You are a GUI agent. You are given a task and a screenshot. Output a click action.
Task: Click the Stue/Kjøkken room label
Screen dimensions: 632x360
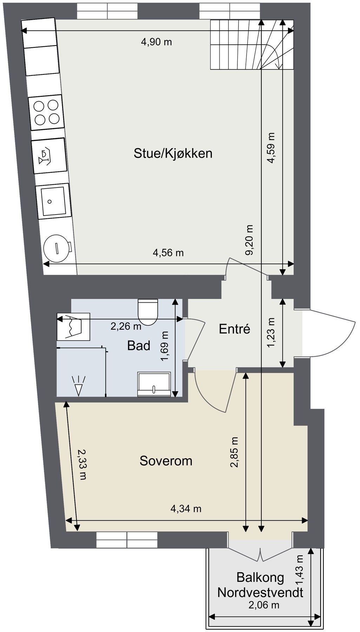pos(173,153)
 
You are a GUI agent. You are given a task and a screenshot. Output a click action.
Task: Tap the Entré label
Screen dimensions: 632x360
pos(234,329)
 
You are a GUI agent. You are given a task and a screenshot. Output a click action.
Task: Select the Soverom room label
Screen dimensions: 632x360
pos(166,461)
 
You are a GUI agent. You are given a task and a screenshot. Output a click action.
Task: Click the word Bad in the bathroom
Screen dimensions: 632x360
pos(139,345)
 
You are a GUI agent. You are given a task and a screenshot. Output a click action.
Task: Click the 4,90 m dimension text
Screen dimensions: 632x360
pos(156,42)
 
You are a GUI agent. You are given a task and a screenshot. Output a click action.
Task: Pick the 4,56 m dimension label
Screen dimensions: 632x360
pos(168,252)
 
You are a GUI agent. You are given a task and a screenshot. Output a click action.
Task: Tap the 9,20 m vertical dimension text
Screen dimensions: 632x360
pos(249,240)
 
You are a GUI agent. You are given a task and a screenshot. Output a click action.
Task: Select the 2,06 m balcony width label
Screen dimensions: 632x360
pos(264,605)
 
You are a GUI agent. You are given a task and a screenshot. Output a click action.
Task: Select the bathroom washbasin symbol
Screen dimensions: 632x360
pos(154,384)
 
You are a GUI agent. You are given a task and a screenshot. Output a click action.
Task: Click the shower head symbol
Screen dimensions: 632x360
pos(78,386)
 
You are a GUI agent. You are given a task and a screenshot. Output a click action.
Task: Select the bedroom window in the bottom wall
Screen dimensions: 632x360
pos(127,540)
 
